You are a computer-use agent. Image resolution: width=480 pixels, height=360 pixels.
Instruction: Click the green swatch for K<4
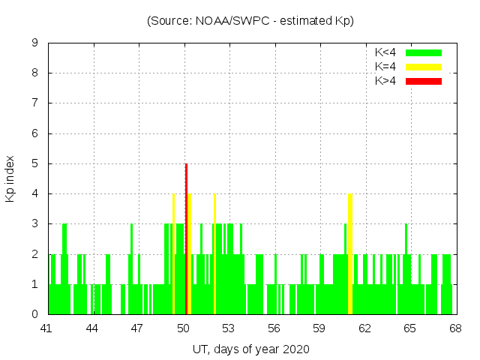click(x=424, y=52)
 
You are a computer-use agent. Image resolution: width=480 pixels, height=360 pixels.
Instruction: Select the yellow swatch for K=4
click(x=424, y=67)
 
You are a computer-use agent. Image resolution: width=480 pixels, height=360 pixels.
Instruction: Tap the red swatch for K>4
click(x=424, y=80)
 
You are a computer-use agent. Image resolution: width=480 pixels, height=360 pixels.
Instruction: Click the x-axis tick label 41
click(x=47, y=328)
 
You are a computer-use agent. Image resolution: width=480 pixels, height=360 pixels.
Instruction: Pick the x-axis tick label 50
click(x=184, y=328)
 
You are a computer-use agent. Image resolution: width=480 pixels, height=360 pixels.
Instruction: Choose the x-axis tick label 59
click(x=319, y=328)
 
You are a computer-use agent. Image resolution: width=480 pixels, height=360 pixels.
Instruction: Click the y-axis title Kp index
click(x=10, y=178)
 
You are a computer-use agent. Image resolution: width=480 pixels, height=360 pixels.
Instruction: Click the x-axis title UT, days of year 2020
click(x=250, y=349)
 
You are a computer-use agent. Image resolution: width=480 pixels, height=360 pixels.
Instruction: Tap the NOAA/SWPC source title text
click(x=250, y=20)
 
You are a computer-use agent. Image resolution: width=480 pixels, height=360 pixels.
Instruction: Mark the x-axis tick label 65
click(x=410, y=328)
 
